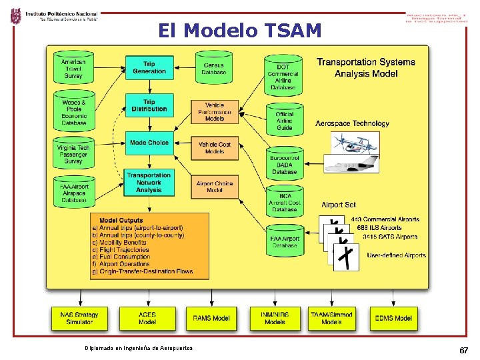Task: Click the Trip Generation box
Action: pyautogui.click(x=149, y=67)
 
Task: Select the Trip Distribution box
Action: pyautogui.click(x=149, y=105)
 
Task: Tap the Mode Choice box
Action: pyautogui.click(x=149, y=143)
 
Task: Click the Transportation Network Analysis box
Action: pyautogui.click(x=149, y=182)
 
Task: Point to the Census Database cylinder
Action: pyautogui.click(x=214, y=67)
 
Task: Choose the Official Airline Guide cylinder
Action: pyautogui.click(x=284, y=120)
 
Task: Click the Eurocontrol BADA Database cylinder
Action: pyautogui.click(x=284, y=163)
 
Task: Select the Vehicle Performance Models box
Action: pyautogui.click(x=215, y=112)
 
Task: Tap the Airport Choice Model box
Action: pyautogui.click(x=215, y=186)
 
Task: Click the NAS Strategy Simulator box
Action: pyautogui.click(x=80, y=319)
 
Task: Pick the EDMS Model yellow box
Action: pyautogui.click(x=393, y=319)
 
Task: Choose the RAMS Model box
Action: pyautogui.click(x=211, y=319)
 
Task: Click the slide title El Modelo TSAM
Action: pyautogui.click(x=240, y=31)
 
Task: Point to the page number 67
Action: pyautogui.click(x=463, y=351)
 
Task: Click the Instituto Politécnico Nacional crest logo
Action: pyautogui.click(x=15, y=16)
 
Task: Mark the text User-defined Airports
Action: pyautogui.click(x=396, y=255)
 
